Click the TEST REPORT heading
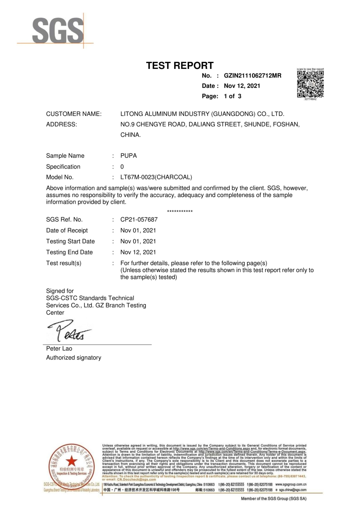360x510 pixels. pyautogui.click(x=180, y=65)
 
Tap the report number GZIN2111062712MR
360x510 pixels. pyautogui.click(x=252, y=76)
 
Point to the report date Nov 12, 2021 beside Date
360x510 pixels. pyautogui.click(x=242, y=86)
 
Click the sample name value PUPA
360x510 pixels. pyautogui.click(x=129, y=156)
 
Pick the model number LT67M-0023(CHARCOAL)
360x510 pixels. pyautogui.click(x=156, y=178)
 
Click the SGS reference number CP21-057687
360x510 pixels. pyautogui.click(x=139, y=220)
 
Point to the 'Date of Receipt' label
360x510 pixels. pyautogui.click(x=67, y=230)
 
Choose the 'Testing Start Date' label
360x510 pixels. pyautogui.click(x=70, y=241)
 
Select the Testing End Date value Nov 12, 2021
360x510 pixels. pyautogui.click(x=138, y=252)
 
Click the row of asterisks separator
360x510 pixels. pyautogui.click(x=180, y=212)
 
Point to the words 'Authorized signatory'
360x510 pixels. pyautogui.click(x=73, y=357)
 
